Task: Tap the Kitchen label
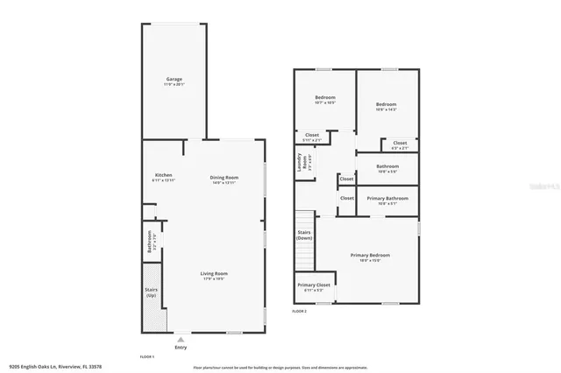click(164, 175)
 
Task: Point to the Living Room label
click(215, 273)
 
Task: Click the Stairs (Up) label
click(152, 293)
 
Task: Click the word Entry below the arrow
click(181, 348)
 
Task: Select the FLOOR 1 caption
click(147, 357)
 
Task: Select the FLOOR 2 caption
click(300, 311)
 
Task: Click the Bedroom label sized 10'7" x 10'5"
click(325, 99)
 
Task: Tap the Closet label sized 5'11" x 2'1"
click(312, 136)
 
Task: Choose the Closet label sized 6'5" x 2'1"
click(399, 144)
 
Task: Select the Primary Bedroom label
click(370, 256)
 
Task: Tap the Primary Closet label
click(313, 285)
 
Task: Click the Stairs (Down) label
click(304, 235)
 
